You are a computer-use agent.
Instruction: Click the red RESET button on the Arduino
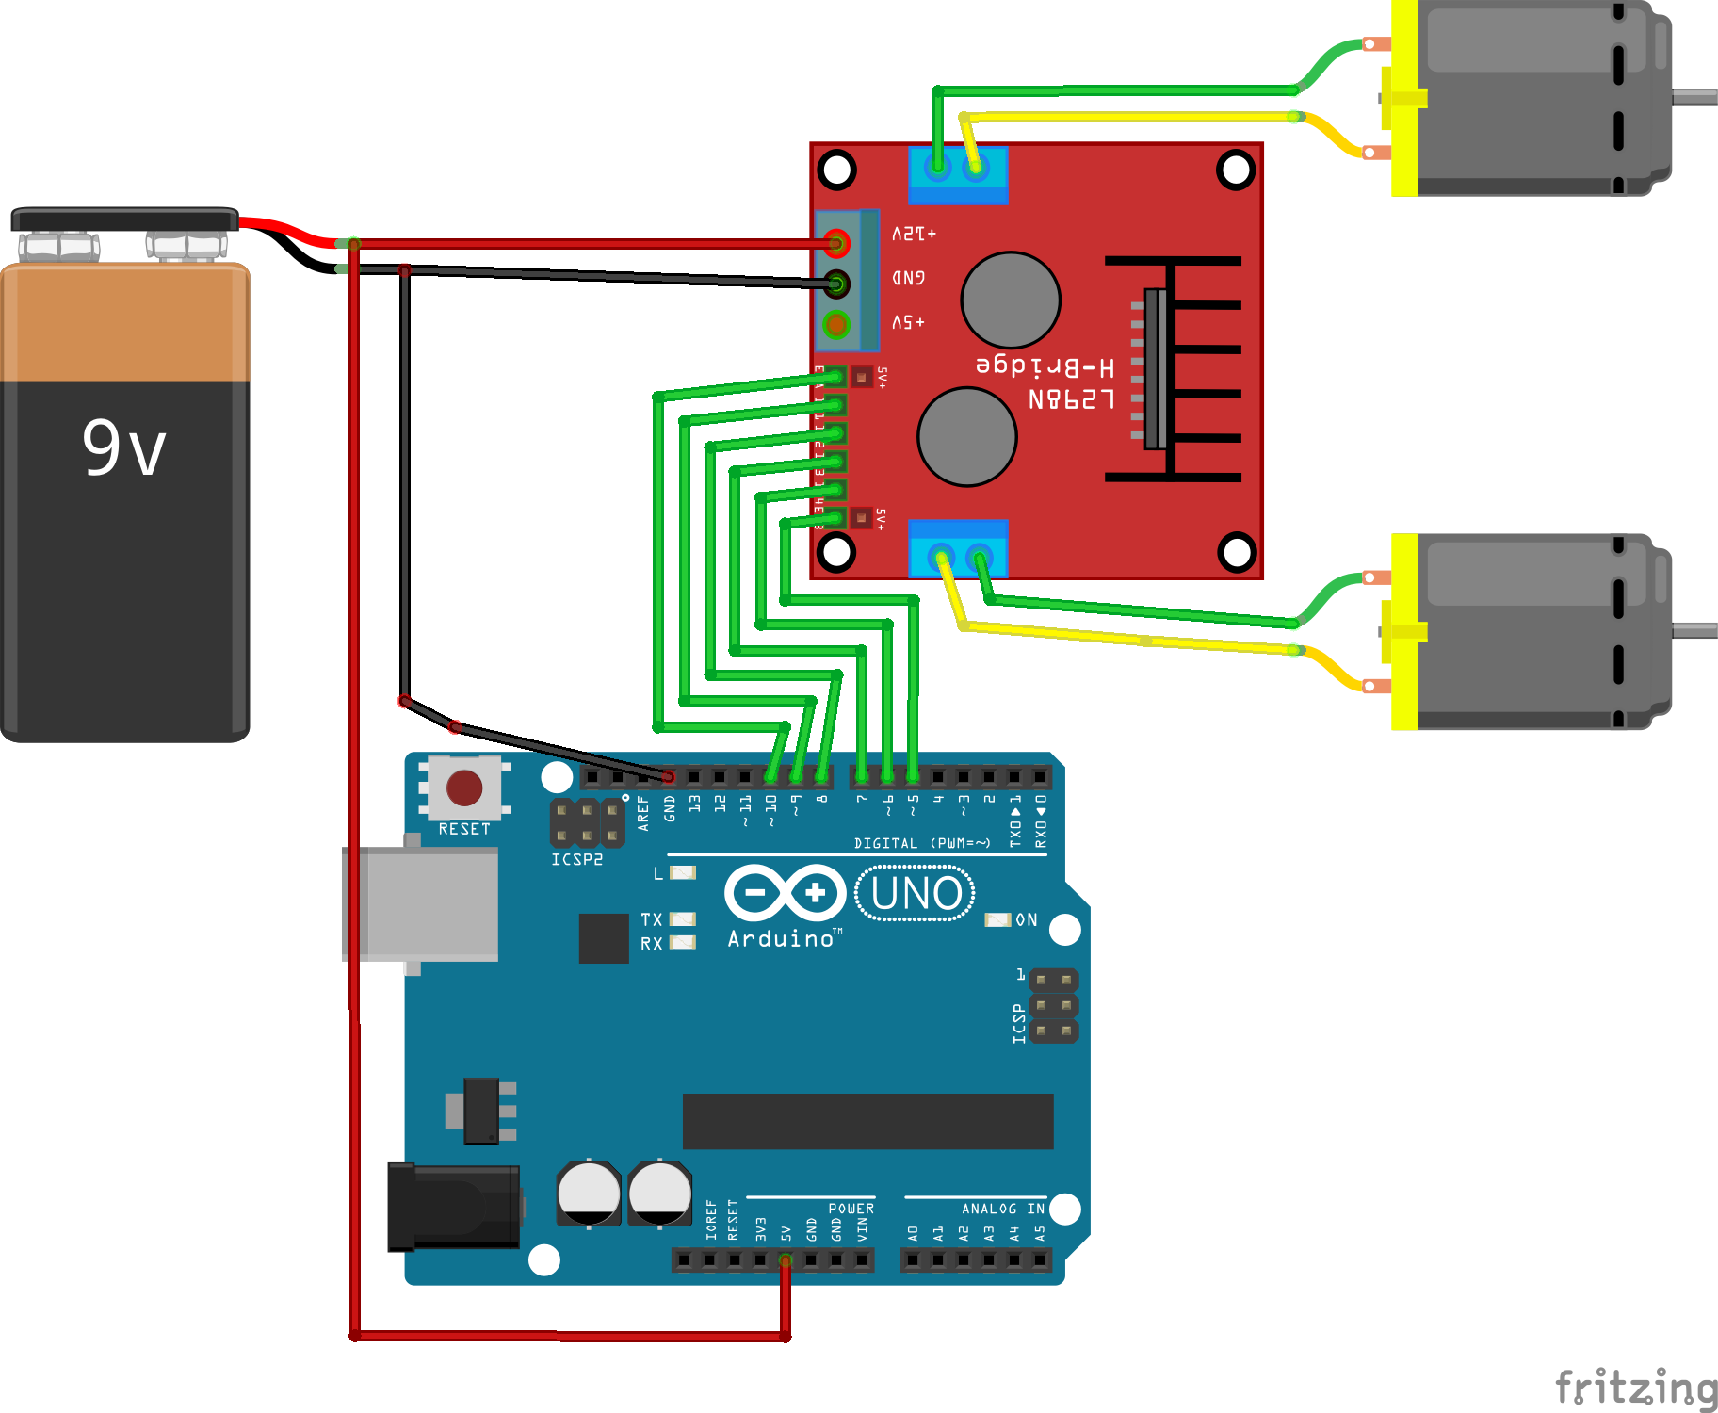click(464, 788)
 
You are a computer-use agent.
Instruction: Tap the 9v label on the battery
click(124, 448)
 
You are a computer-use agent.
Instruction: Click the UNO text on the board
click(916, 893)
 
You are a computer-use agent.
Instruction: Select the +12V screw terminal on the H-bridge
click(836, 244)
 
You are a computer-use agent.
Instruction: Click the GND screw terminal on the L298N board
click(836, 283)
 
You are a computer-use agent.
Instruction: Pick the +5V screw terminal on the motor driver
click(836, 324)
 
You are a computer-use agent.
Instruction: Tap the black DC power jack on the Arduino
click(454, 1206)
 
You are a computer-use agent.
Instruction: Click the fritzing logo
click(1635, 1387)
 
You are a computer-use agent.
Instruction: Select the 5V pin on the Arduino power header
click(786, 1259)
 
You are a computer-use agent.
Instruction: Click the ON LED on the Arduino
click(997, 919)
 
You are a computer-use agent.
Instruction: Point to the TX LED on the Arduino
click(682, 918)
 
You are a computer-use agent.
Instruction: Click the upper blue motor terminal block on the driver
click(957, 175)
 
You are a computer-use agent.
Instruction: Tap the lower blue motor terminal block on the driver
click(958, 548)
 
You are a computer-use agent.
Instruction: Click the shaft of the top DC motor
click(1694, 97)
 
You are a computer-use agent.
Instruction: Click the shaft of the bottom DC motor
click(1694, 630)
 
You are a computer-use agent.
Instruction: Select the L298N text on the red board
click(1072, 399)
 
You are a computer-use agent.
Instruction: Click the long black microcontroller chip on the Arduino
click(867, 1121)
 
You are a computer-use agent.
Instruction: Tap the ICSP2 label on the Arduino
click(576, 859)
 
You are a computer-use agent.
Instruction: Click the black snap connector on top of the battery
click(124, 219)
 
